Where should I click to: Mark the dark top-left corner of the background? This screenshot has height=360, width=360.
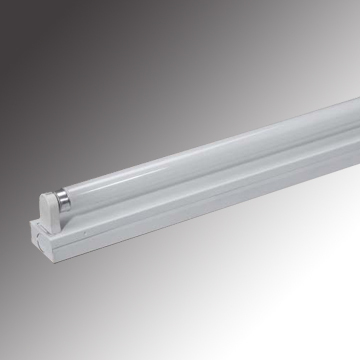coord(6,6)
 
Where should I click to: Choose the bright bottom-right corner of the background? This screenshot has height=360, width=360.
coord(353,353)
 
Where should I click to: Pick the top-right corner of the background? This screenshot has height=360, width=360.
coord(353,6)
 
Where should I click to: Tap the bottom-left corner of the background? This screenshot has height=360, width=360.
coord(6,353)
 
